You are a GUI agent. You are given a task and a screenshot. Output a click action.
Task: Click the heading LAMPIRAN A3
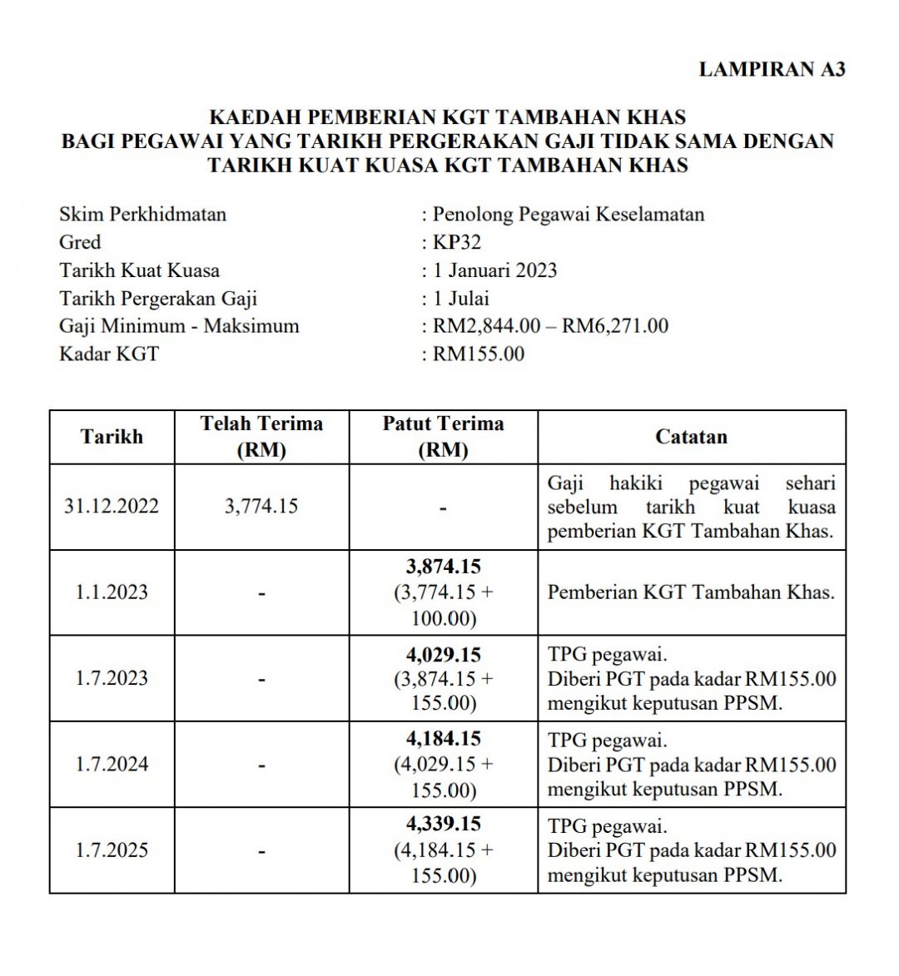click(772, 69)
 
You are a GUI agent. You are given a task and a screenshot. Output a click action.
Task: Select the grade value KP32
click(456, 242)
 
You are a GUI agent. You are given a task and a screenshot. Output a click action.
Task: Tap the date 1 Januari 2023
click(494, 270)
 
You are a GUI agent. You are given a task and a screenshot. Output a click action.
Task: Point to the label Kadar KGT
click(108, 354)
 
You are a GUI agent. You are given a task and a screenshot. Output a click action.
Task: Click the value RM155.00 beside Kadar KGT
click(479, 354)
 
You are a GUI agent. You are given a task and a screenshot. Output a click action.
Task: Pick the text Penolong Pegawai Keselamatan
click(568, 214)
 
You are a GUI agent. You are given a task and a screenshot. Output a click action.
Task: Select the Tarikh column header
click(112, 437)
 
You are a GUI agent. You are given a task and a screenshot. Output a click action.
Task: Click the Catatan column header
click(691, 437)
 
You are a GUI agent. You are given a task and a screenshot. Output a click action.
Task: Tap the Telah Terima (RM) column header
click(261, 437)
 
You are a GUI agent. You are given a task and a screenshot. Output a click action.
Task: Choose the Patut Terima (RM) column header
click(443, 437)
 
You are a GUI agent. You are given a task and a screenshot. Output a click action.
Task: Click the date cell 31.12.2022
click(112, 507)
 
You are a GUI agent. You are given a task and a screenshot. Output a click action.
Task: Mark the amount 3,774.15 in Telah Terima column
click(261, 507)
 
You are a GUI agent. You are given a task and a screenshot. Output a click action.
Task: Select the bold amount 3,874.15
click(443, 567)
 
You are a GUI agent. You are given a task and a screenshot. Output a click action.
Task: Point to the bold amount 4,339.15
click(443, 824)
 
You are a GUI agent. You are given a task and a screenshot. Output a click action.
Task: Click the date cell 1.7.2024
click(112, 764)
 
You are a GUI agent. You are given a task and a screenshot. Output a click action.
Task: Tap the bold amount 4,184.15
click(443, 738)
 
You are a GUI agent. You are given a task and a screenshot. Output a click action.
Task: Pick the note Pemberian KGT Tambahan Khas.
click(690, 592)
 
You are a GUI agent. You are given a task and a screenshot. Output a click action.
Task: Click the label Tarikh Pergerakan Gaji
click(158, 298)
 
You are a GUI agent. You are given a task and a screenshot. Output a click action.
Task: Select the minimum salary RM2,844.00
click(486, 325)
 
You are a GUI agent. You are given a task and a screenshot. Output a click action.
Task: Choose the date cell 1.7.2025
click(112, 850)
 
